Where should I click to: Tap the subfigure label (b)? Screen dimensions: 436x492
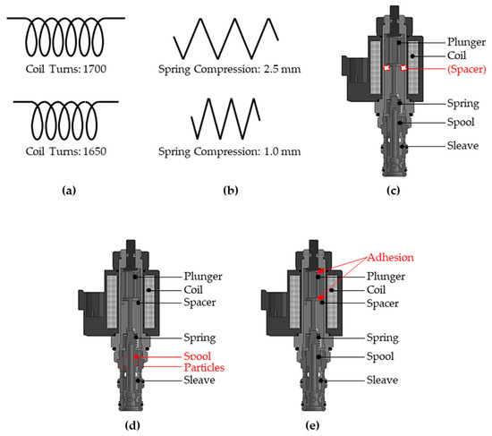tap(228, 191)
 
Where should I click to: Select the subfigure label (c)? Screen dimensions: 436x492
tap(392, 191)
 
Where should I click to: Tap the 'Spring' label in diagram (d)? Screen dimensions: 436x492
tap(201, 338)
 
